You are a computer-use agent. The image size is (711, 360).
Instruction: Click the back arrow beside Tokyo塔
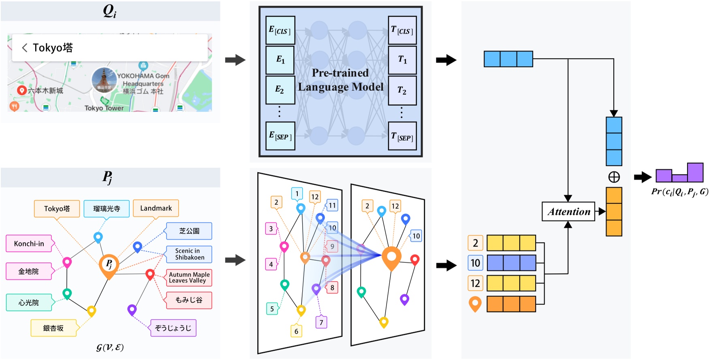tap(25, 48)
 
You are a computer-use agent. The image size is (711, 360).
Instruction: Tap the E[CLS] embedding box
tap(280, 30)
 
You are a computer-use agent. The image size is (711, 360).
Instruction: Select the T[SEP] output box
tap(402, 137)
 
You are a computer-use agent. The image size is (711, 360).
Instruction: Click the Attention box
tap(568, 211)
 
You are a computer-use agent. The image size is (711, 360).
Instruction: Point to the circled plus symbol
tap(614, 177)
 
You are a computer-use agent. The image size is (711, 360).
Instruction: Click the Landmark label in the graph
tap(156, 208)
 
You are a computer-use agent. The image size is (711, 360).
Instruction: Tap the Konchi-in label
tap(29, 243)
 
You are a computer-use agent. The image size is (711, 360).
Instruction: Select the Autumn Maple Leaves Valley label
tap(189, 278)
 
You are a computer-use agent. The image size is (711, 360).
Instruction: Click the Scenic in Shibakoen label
tap(189, 254)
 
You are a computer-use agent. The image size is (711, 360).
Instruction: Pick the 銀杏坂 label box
tap(53, 328)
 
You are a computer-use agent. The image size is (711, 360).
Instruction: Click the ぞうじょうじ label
tap(173, 328)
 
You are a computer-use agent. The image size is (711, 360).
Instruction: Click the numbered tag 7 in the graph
tap(321, 322)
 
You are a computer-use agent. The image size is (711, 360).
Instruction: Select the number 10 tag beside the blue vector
tap(475, 263)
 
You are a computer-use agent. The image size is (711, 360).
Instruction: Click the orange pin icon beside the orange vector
tap(475, 304)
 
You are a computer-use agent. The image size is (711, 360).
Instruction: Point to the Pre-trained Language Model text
tap(340, 80)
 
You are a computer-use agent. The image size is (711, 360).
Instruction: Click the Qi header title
tap(109, 11)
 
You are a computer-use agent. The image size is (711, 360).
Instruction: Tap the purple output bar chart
tap(679, 173)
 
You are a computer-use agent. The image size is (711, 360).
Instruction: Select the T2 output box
tap(402, 90)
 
